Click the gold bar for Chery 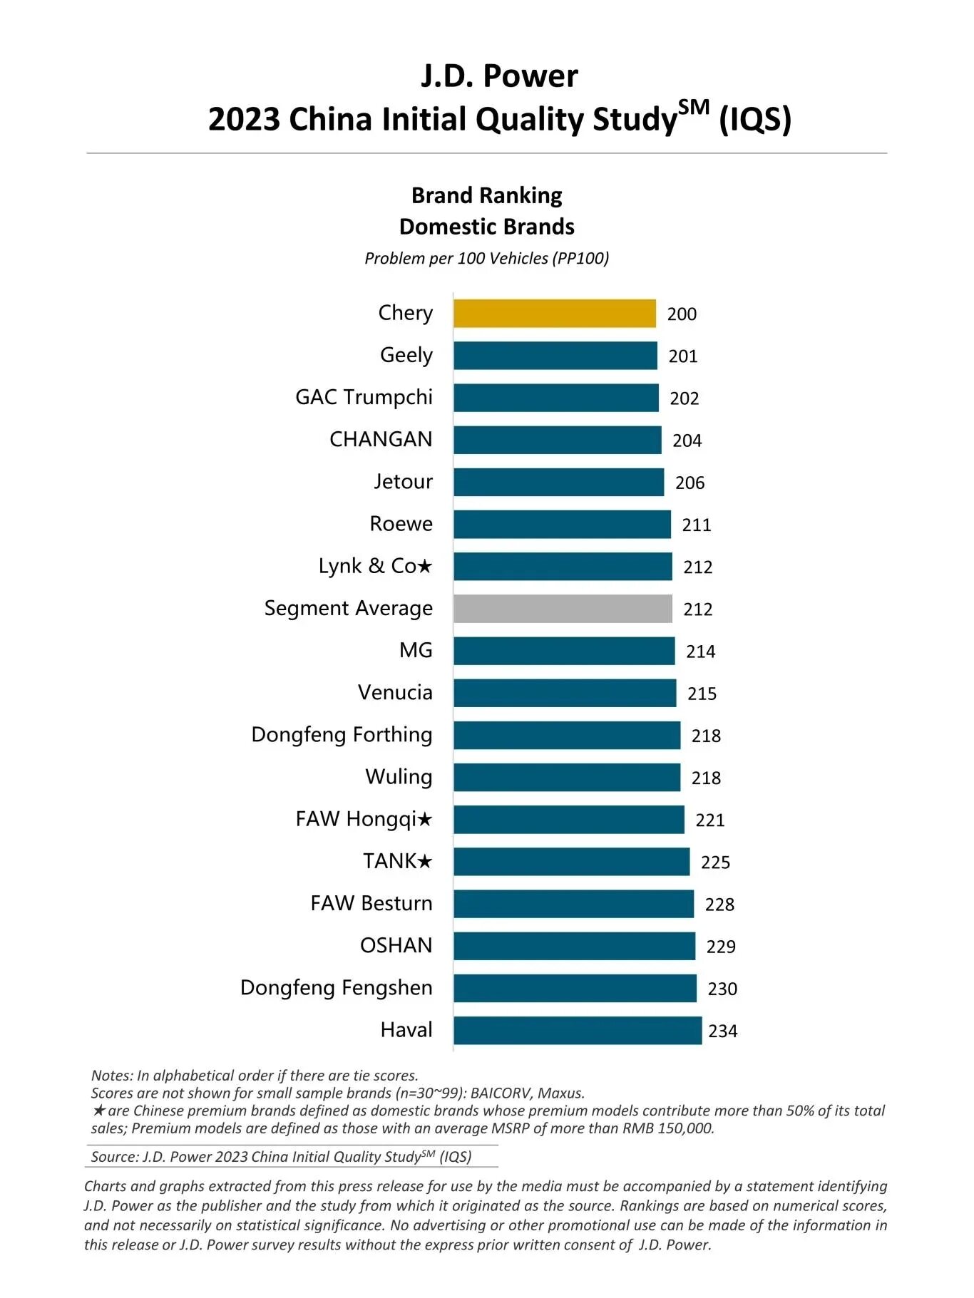pyautogui.click(x=554, y=314)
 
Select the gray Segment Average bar pyautogui.click(x=563, y=609)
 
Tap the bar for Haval pyautogui.click(x=578, y=1031)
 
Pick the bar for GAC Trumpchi pyautogui.click(x=556, y=398)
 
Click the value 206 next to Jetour pyautogui.click(x=690, y=483)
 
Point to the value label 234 pyautogui.click(x=722, y=1031)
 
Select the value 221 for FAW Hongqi pyautogui.click(x=709, y=820)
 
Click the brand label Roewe pyautogui.click(x=401, y=524)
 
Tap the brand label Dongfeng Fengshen pyautogui.click(x=336, y=988)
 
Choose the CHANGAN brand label pyautogui.click(x=381, y=440)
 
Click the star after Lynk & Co pyautogui.click(x=424, y=566)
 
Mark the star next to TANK pyautogui.click(x=424, y=862)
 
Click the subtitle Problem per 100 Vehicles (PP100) pyautogui.click(x=486, y=258)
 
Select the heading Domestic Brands pyautogui.click(x=486, y=227)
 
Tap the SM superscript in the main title pyautogui.click(x=694, y=108)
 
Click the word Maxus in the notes pyautogui.click(x=560, y=1093)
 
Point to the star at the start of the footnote pyautogui.click(x=99, y=1111)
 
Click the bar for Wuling pyautogui.click(x=567, y=778)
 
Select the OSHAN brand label pyautogui.click(x=396, y=946)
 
